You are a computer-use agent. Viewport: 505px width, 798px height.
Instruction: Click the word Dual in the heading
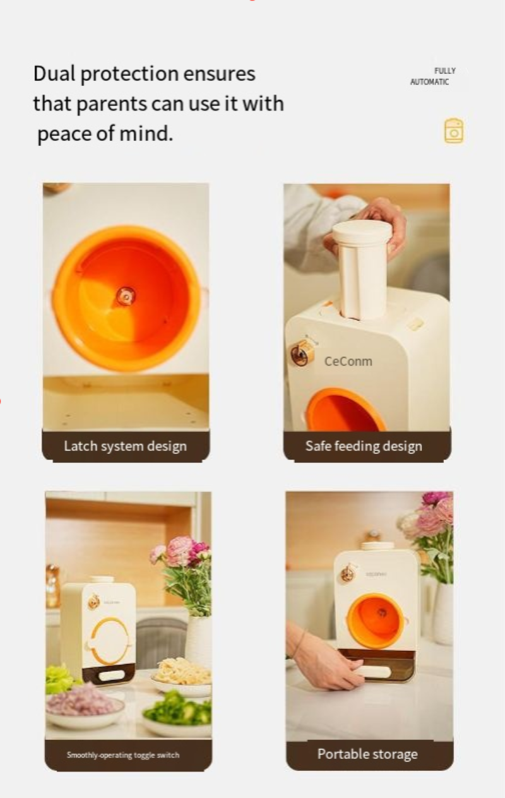54,73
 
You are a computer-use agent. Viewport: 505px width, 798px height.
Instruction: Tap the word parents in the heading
112,104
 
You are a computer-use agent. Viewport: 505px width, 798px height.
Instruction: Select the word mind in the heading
146,133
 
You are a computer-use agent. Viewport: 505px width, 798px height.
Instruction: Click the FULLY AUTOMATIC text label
432,76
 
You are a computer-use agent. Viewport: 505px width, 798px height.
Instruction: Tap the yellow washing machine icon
454,131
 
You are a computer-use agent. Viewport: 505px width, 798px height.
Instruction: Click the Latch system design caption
126,446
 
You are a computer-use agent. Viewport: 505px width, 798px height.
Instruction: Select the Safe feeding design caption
364,446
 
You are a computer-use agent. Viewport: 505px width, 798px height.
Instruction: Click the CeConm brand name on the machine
348,361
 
